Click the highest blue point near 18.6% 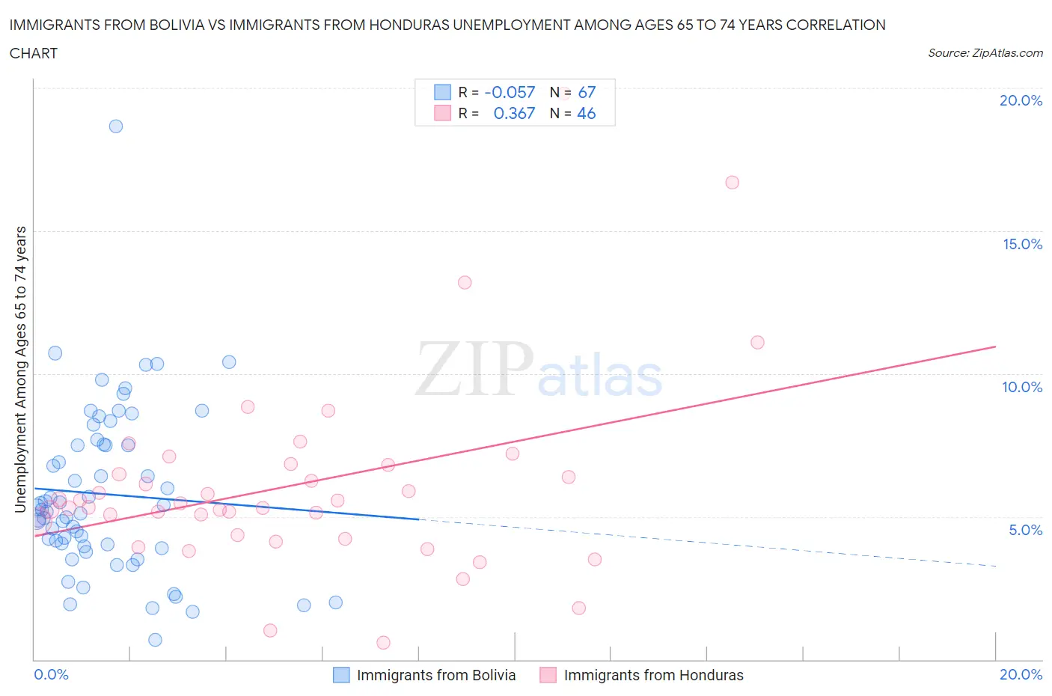pos(116,126)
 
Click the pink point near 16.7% pos(733,183)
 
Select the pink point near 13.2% pos(465,282)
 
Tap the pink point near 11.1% pos(757,342)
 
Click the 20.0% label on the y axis pos(1021,100)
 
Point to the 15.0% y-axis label pos(1022,244)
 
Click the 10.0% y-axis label pos(1022,387)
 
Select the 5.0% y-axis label pos(1025,530)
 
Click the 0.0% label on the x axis pos(51,674)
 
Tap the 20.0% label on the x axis pos(1021,674)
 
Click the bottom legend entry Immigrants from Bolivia pos(435,675)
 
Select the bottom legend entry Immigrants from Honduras pos(653,675)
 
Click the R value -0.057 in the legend pos(510,92)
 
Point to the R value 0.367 pos(514,113)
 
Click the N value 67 pos(587,92)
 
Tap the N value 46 pos(587,113)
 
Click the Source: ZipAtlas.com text pos(985,52)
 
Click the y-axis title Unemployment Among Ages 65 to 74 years pos(21,369)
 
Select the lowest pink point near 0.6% pos(383,642)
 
